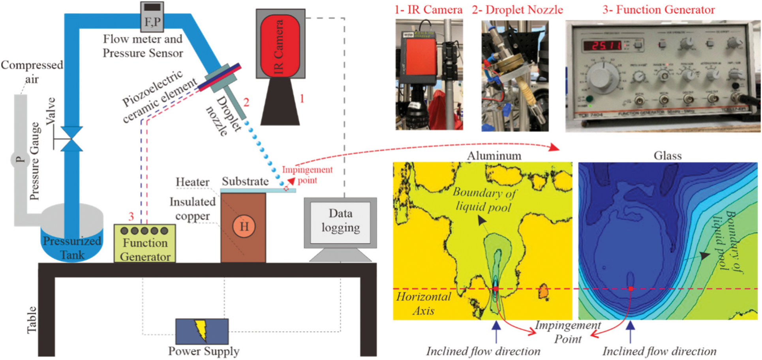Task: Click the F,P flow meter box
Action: tap(152, 17)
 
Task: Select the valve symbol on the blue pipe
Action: tap(72, 139)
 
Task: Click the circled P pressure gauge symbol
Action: tap(19, 160)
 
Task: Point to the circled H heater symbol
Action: tap(244, 226)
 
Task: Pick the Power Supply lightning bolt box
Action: tap(202, 331)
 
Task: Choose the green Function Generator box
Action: tap(145, 244)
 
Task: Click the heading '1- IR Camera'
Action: tap(429, 10)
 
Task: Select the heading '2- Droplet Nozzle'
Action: tap(518, 10)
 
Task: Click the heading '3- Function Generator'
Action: tap(659, 10)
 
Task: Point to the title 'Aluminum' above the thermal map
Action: tap(494, 156)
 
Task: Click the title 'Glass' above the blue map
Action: tap(668, 156)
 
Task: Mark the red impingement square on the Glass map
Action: tap(631, 289)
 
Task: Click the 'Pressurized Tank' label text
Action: tap(72, 247)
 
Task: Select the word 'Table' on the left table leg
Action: tap(32, 320)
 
